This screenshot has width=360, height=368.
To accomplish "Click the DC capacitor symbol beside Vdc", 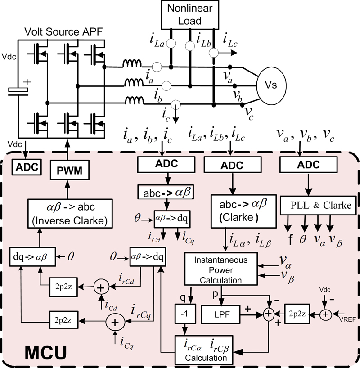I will coord(18,90).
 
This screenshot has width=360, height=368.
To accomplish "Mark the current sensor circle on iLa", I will coord(171,44).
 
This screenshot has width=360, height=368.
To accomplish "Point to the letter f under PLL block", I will coord(291,238).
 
